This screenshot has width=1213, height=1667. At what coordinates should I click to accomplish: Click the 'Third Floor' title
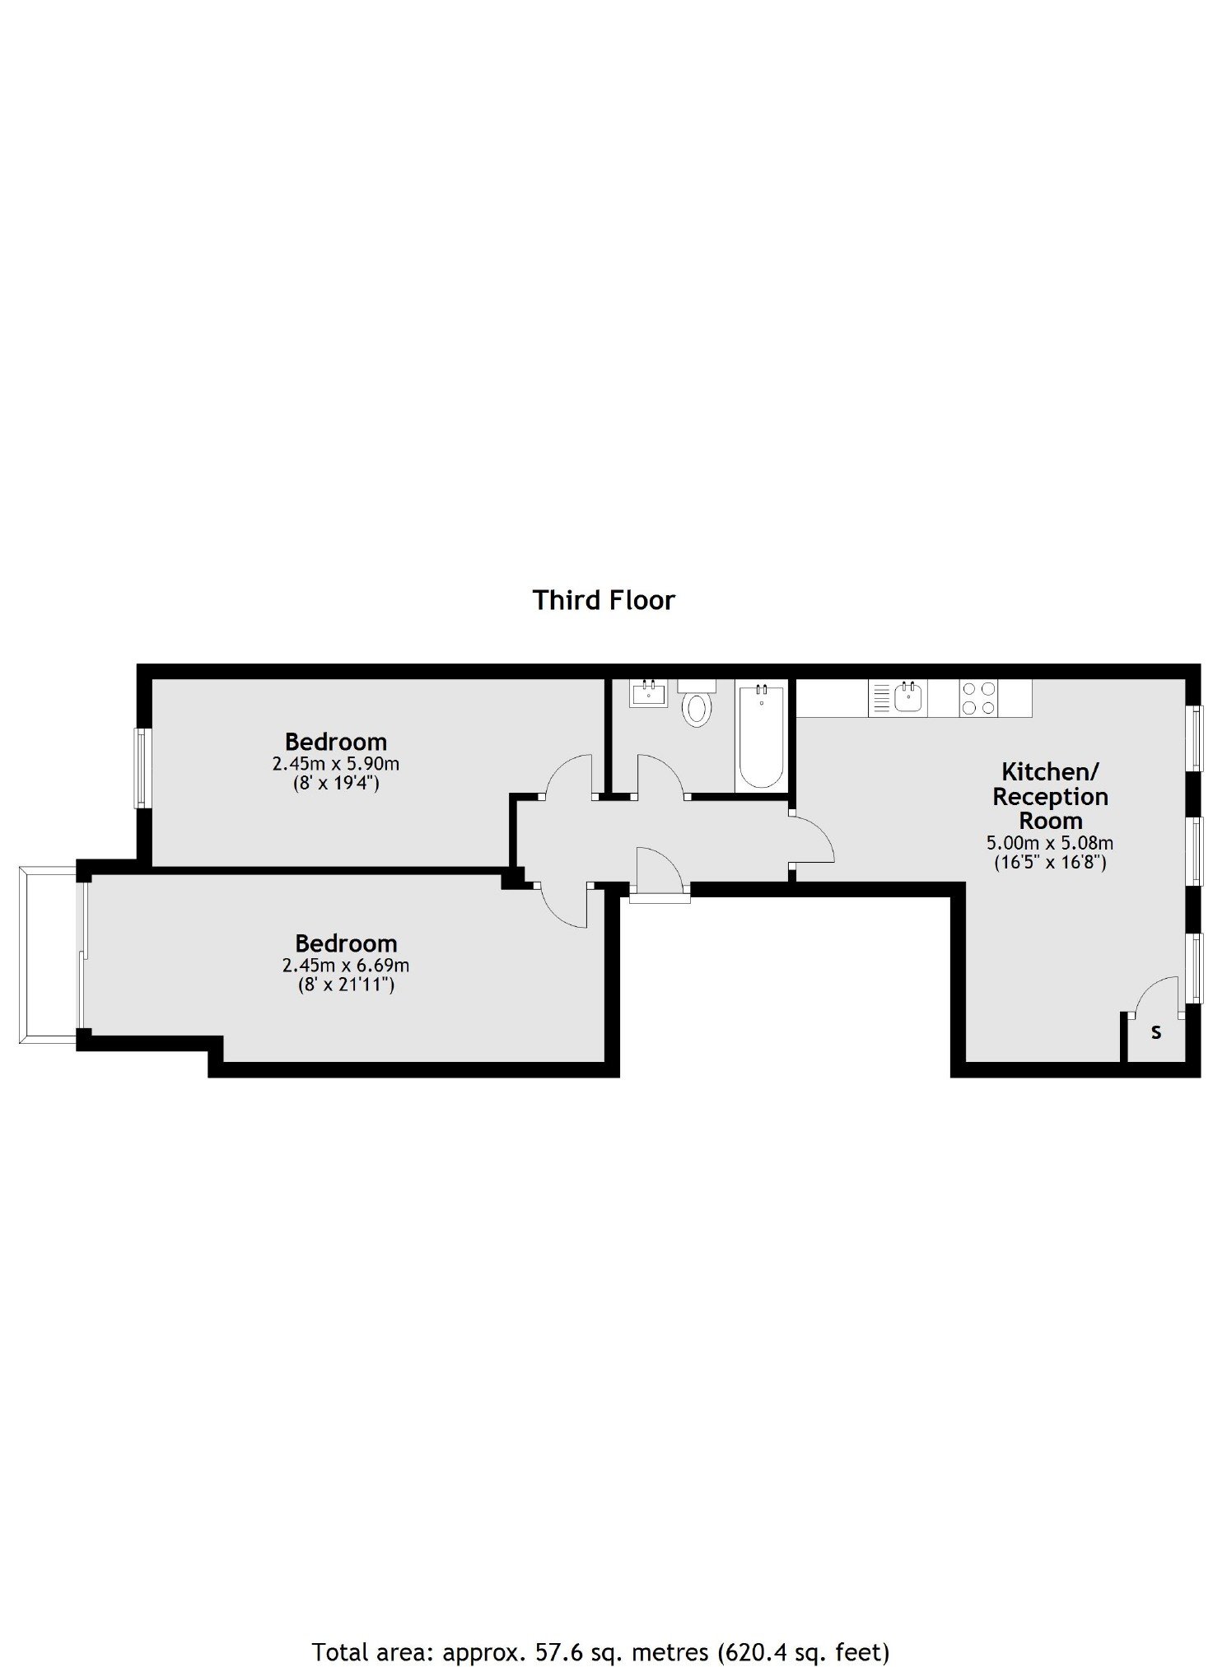[604, 600]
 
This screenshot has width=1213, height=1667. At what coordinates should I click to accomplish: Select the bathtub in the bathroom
[762, 736]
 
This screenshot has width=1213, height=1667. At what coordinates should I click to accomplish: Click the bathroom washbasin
[650, 694]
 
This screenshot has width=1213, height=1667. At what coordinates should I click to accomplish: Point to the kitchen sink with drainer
[898, 698]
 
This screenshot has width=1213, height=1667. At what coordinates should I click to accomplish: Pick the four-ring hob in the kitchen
[978, 698]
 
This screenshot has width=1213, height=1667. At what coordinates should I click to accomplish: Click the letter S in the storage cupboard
[1156, 1032]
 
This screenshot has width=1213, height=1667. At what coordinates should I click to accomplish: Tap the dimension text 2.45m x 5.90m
[336, 764]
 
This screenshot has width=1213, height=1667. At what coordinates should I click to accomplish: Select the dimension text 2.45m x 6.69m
[346, 965]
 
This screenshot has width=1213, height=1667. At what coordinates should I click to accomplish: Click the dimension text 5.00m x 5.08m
[1050, 843]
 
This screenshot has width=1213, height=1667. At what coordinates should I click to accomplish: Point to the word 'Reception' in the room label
[1050, 797]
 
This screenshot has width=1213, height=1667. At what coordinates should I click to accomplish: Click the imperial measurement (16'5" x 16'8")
[1050, 862]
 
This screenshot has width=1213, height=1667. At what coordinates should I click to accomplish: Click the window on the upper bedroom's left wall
[142, 768]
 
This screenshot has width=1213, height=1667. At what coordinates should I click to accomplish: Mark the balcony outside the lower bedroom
[49, 954]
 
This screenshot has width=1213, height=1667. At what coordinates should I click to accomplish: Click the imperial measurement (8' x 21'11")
[346, 984]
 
